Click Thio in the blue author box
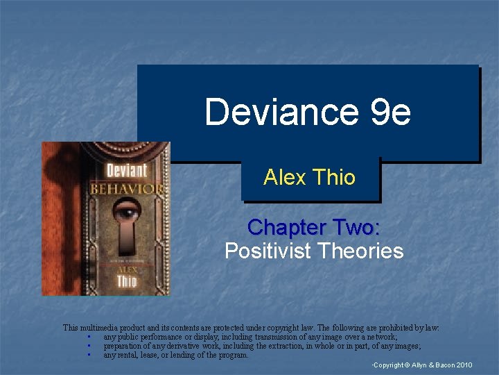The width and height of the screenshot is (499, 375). click(x=333, y=177)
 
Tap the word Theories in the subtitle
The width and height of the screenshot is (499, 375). click(x=364, y=251)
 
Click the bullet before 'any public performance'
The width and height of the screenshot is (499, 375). click(x=89, y=337)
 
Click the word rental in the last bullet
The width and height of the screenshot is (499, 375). click(x=128, y=355)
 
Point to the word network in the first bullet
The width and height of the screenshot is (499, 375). click(x=380, y=337)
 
